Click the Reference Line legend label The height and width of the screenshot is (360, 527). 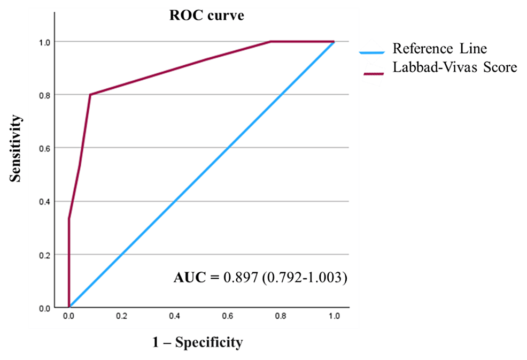point(439,49)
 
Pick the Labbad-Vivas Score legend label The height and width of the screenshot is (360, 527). point(454,67)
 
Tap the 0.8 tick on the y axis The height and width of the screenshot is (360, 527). point(46,95)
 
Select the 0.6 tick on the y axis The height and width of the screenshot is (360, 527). point(46,148)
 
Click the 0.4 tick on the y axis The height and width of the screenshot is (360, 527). point(46,202)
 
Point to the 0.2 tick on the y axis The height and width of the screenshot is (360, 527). point(46,255)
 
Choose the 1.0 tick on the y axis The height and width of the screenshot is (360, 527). point(46,42)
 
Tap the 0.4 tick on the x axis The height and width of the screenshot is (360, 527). point(175,317)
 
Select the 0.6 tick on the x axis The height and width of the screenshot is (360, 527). point(228,317)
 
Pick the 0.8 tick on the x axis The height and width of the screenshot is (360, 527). point(281,317)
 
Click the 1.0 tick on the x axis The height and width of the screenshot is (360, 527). point(334,317)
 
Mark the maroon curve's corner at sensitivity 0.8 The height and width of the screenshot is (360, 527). point(90,95)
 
